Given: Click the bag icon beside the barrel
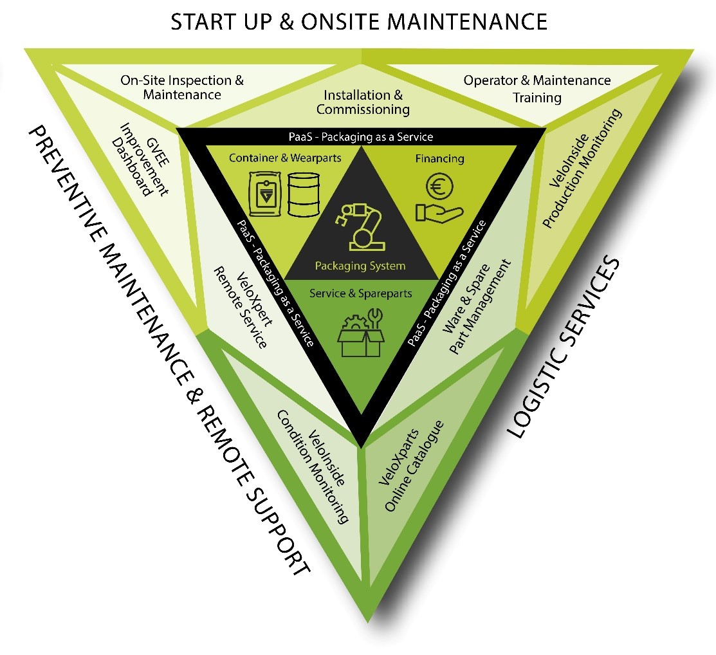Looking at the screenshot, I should [264, 194].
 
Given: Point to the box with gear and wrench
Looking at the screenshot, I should [363, 331].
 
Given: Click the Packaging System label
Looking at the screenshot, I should [360, 266].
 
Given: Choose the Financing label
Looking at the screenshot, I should [440, 158].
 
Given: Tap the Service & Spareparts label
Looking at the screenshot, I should [361, 293].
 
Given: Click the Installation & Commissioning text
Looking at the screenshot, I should [363, 102].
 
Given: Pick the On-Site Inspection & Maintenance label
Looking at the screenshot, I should [182, 88].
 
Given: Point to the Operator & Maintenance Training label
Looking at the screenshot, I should [537, 89].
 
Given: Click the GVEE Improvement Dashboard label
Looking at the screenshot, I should [138, 158].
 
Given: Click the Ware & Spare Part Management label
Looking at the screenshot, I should [475, 299].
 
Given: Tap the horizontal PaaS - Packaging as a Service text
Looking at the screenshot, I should [360, 136].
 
